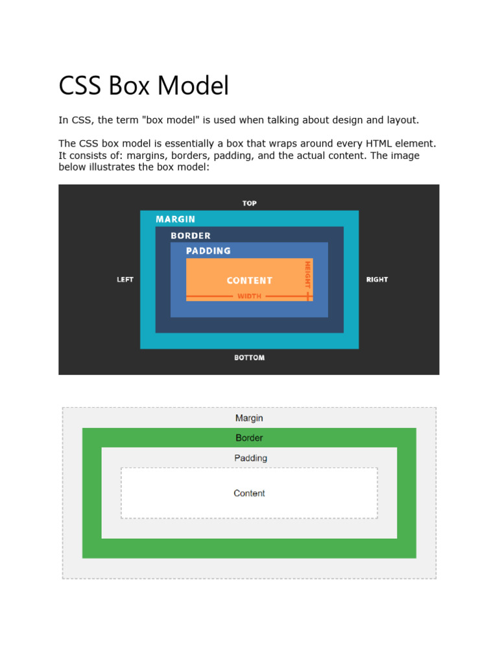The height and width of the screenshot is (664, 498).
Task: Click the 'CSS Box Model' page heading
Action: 143,86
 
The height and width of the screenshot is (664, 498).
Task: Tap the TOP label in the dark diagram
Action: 250,203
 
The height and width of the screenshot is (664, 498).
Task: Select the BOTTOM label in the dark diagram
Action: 250,357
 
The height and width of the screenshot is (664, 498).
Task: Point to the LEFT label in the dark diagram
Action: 125,279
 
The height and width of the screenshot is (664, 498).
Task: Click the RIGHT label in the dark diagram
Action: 377,279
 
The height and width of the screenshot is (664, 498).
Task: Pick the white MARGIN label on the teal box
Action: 175,219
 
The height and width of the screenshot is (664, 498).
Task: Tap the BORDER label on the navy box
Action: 191,235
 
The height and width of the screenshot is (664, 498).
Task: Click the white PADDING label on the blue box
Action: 208,250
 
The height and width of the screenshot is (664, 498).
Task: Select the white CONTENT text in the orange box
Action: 250,280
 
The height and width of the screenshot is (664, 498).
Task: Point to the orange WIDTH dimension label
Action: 250,296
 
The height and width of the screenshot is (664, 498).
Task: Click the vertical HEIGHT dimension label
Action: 307,275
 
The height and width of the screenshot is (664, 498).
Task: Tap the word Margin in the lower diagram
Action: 249,418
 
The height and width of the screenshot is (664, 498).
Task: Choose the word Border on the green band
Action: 249,438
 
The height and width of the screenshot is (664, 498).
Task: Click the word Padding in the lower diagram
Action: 250,458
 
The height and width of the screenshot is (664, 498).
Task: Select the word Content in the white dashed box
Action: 249,493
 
